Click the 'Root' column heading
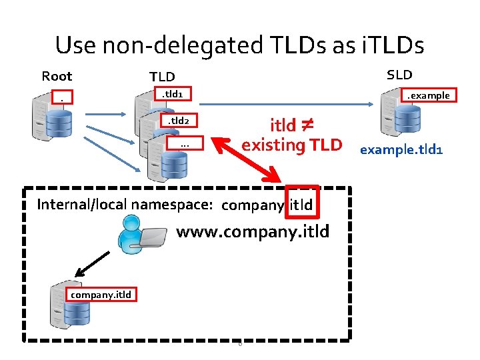tap(57, 76)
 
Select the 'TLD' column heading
tap(161, 77)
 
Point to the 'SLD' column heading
tap(399, 74)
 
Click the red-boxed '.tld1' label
tap(173, 95)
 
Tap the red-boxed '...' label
tap(184, 144)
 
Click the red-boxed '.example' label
tap(429, 95)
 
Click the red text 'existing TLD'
tap(291, 145)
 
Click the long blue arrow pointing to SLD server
tap(287, 104)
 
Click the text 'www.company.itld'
tap(252, 233)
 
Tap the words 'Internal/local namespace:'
tap(125, 204)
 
